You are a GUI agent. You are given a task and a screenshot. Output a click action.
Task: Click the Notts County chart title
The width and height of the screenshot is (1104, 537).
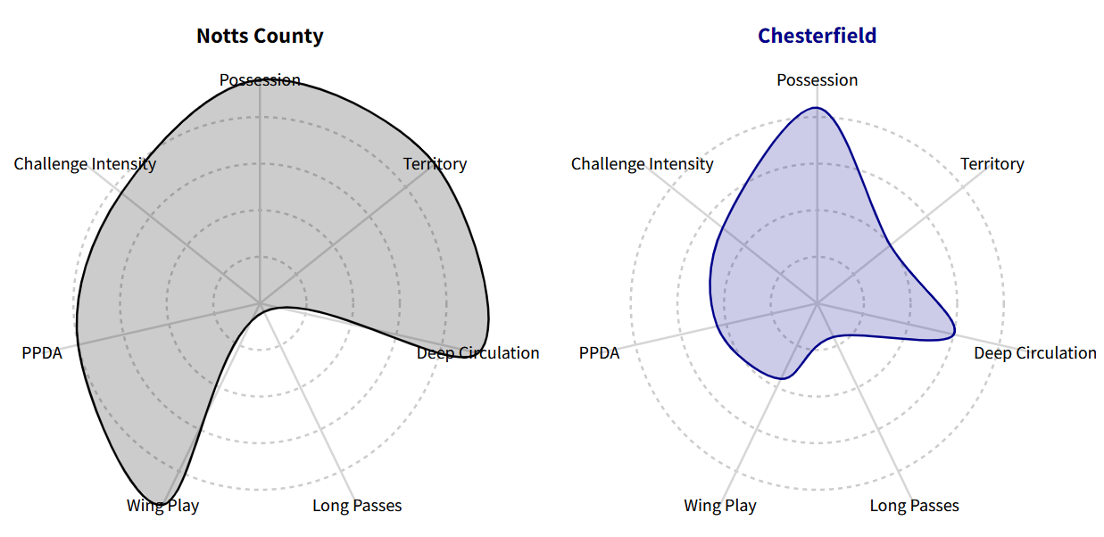pyautogui.click(x=260, y=36)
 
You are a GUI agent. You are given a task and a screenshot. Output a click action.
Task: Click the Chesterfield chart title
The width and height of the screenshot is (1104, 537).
pyautogui.click(x=817, y=36)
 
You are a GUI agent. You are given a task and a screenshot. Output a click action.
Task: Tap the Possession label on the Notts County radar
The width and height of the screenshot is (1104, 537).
pyautogui.click(x=260, y=80)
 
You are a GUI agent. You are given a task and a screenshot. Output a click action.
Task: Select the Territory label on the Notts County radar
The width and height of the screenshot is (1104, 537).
pyautogui.click(x=435, y=164)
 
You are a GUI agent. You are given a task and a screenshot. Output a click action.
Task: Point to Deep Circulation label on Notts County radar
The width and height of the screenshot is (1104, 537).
pyautogui.click(x=477, y=353)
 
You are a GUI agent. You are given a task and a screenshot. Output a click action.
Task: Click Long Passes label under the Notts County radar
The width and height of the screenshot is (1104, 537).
pyautogui.click(x=357, y=506)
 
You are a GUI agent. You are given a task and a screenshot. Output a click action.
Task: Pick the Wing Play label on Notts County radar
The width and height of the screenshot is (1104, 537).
pyautogui.click(x=162, y=506)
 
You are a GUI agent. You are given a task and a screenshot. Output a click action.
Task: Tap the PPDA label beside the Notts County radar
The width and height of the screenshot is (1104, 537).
pyautogui.click(x=42, y=353)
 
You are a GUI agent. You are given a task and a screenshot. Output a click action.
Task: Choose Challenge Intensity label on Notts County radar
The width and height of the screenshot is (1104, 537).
pyautogui.click(x=85, y=164)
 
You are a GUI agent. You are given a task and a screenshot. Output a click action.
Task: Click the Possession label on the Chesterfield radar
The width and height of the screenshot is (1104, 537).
pyautogui.click(x=817, y=80)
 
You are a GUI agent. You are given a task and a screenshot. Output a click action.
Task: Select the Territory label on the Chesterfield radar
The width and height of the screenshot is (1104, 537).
pyautogui.click(x=992, y=164)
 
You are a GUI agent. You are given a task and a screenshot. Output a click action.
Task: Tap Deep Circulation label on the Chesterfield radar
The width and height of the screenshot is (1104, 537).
pyautogui.click(x=1034, y=353)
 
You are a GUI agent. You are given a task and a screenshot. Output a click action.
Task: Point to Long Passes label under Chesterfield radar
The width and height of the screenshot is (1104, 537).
pyautogui.click(x=914, y=506)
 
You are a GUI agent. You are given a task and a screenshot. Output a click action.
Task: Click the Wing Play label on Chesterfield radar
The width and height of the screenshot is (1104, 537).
pyautogui.click(x=719, y=506)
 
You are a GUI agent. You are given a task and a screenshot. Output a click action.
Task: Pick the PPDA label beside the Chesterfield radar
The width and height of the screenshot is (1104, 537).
pyautogui.click(x=599, y=353)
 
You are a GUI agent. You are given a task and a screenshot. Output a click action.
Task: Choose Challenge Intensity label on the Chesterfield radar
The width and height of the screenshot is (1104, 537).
pyautogui.click(x=642, y=164)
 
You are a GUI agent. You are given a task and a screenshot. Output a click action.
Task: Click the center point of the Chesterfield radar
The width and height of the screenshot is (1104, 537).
pyautogui.click(x=817, y=304)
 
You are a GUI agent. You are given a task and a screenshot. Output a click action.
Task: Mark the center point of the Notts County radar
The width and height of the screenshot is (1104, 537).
pyautogui.click(x=260, y=304)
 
